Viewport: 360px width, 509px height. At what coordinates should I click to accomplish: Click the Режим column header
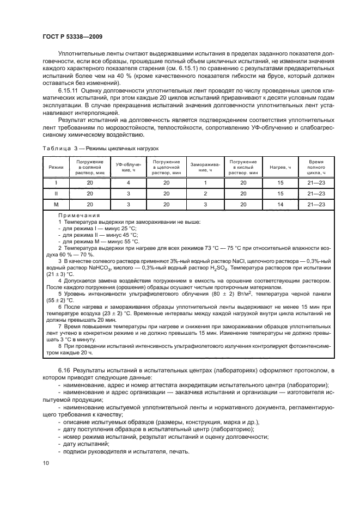tap(56, 167)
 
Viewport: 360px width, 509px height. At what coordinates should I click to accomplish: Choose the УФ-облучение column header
tap(129, 167)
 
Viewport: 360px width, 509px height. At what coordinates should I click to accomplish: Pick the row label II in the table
tap(56, 194)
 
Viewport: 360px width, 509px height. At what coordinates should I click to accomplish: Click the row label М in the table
tap(56, 204)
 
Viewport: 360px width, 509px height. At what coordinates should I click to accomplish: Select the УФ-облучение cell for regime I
tap(129, 183)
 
